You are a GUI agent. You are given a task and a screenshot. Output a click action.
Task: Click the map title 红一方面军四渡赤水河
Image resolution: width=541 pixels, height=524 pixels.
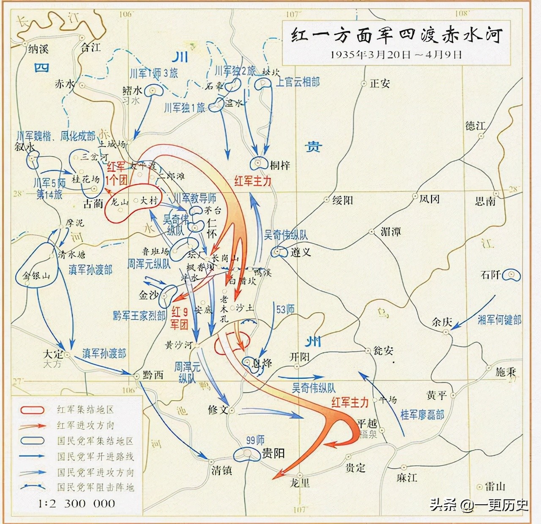click(396, 35)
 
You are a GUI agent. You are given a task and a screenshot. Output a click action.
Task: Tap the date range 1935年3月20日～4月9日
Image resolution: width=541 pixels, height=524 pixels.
click(396, 55)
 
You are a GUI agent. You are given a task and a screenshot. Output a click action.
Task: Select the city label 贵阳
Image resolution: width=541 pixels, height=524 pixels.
click(273, 453)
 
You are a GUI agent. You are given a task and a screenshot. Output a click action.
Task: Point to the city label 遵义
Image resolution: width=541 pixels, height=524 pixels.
click(301, 252)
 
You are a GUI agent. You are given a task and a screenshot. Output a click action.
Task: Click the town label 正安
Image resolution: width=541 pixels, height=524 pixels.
click(380, 84)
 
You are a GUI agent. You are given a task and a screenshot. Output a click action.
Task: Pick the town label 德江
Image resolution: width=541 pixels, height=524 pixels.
click(475, 126)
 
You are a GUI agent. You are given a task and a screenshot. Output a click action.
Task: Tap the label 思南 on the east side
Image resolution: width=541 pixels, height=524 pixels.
click(485, 201)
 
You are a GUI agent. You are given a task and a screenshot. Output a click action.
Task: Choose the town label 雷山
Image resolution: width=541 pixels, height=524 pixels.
click(495, 487)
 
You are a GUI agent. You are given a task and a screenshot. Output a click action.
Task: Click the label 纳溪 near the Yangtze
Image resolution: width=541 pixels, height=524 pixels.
click(38, 49)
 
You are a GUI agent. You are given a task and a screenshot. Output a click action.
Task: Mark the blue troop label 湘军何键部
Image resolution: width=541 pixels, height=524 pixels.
click(499, 320)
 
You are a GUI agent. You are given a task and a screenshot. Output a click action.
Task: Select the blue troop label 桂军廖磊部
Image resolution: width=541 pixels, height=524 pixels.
click(422, 415)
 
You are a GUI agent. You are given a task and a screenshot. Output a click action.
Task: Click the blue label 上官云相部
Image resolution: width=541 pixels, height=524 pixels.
click(298, 82)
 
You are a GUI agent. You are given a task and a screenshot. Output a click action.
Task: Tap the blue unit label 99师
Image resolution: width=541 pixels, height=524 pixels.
click(255, 440)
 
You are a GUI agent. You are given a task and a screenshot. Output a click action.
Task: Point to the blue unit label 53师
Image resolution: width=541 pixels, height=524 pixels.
click(285, 309)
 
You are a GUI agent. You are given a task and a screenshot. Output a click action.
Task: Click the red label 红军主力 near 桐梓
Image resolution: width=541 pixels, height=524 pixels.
click(253, 181)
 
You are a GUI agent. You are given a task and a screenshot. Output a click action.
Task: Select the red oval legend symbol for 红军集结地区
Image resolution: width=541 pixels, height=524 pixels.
click(32, 410)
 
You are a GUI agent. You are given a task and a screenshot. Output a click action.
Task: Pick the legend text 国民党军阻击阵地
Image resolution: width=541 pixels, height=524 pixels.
click(96, 487)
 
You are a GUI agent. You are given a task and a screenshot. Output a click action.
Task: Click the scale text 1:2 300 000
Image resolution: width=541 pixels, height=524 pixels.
click(77, 504)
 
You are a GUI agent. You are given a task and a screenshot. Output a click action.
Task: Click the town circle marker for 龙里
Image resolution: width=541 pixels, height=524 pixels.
click(300, 475)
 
